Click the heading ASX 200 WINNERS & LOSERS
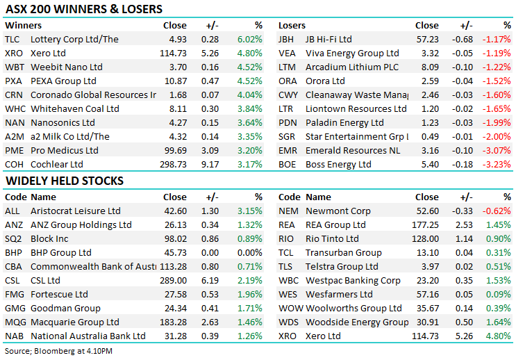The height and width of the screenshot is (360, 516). point(83,9)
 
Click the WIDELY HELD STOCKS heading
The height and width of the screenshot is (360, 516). point(65,181)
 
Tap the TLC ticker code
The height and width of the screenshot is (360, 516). point(13,40)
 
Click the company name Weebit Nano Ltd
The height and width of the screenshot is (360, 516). point(67,67)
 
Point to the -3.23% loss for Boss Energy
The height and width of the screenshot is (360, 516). point(497,164)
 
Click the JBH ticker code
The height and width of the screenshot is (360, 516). point(287,40)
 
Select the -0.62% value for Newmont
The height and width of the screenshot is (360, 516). point(497,211)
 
